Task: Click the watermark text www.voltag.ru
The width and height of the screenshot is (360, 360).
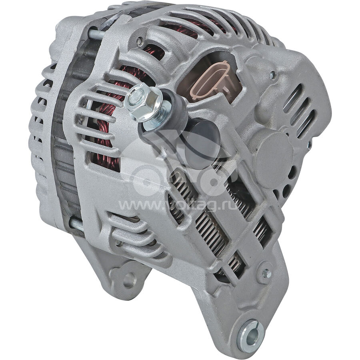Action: click(x=177, y=205)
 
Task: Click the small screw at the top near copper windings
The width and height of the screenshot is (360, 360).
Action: click(x=139, y=41)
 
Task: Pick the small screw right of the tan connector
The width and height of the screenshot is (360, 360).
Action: click(x=273, y=76)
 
